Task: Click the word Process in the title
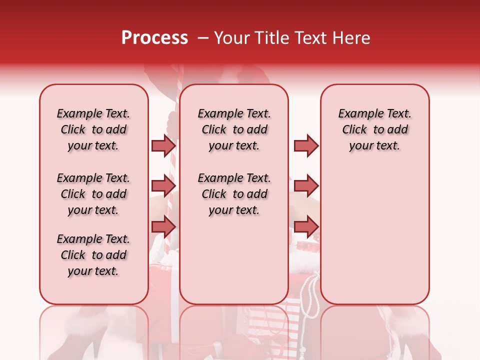[x=154, y=38]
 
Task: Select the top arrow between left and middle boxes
[x=163, y=145]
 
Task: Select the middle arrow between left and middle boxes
[x=163, y=186]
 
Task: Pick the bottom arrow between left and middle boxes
[x=163, y=227]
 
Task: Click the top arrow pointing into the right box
[x=306, y=145]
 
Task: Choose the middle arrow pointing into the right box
[x=306, y=186]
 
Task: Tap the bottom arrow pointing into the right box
[x=306, y=227]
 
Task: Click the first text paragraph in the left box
[x=93, y=129]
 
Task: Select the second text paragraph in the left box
[x=93, y=194]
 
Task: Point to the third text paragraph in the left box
[x=93, y=255]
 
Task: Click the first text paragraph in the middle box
[x=234, y=129]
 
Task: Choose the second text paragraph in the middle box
[x=234, y=194]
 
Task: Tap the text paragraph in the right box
[x=374, y=129]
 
